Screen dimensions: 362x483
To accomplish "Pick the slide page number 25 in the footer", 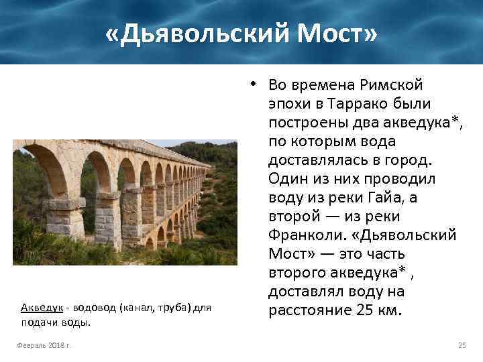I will [x=462, y=345].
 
